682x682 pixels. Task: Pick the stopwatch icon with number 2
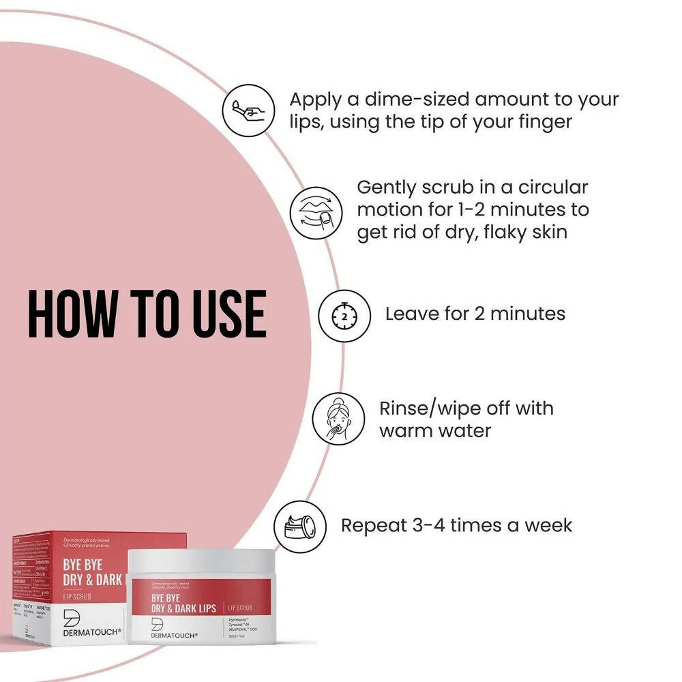344,315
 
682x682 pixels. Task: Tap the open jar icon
300,526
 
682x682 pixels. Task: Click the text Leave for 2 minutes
475,314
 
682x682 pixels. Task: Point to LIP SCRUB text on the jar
244,587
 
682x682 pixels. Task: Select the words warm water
435,431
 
